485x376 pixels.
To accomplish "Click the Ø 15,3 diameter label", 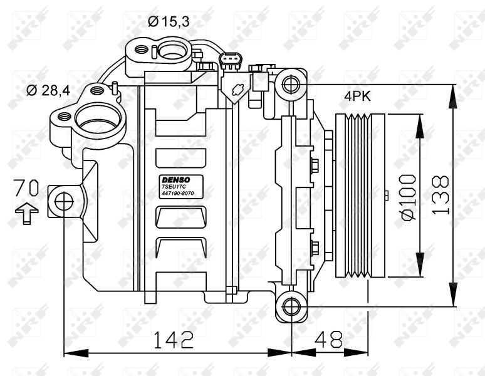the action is (x=169, y=21).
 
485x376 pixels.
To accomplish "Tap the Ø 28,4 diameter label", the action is (x=48, y=91).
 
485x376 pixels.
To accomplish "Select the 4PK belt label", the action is (x=357, y=97).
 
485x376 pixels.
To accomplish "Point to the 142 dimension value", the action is (x=174, y=340).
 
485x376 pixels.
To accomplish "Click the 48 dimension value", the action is (x=329, y=340).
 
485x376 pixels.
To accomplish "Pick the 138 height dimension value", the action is (x=440, y=195).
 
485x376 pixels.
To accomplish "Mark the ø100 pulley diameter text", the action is (x=408, y=197).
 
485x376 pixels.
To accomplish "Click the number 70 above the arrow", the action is (x=26, y=188).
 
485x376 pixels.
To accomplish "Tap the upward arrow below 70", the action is (x=26, y=213).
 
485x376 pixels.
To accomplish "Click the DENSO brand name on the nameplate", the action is (x=176, y=180).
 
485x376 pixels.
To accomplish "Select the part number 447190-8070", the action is (x=177, y=193).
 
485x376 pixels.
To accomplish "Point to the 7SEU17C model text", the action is (x=174, y=187).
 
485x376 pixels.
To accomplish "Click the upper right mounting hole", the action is (x=291, y=84).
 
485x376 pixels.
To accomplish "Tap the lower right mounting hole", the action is (x=291, y=306).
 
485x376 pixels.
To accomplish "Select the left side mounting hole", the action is (x=64, y=202).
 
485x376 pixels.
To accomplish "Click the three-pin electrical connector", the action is (x=231, y=60).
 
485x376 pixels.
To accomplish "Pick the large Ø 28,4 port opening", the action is (x=98, y=118).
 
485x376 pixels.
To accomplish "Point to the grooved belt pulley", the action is (x=360, y=196).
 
